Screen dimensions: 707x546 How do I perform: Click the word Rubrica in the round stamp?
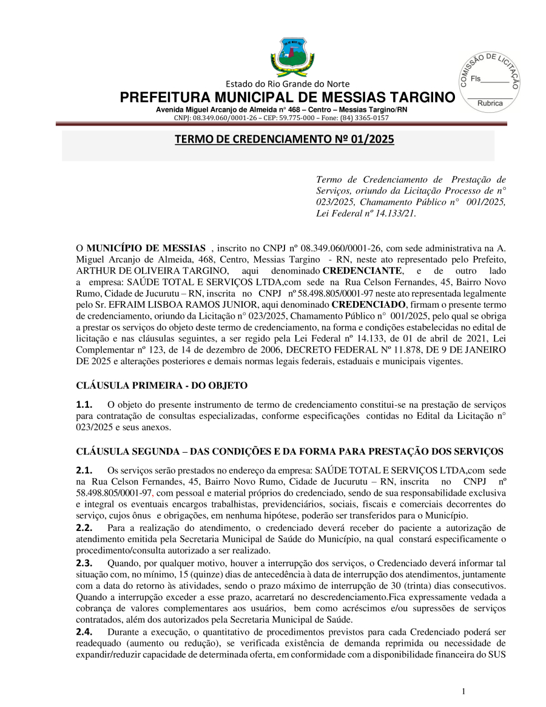coord(490,103)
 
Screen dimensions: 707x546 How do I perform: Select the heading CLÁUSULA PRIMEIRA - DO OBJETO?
coord(162,385)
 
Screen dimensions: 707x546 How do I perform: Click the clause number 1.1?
coord(84,404)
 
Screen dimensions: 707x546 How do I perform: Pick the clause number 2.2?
coord(84,528)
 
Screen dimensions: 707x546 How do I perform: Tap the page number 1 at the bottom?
coord(463,691)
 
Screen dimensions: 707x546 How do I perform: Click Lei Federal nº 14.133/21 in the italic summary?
coord(366,213)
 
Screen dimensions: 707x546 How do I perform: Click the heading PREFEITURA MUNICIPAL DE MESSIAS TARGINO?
coord(287,98)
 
